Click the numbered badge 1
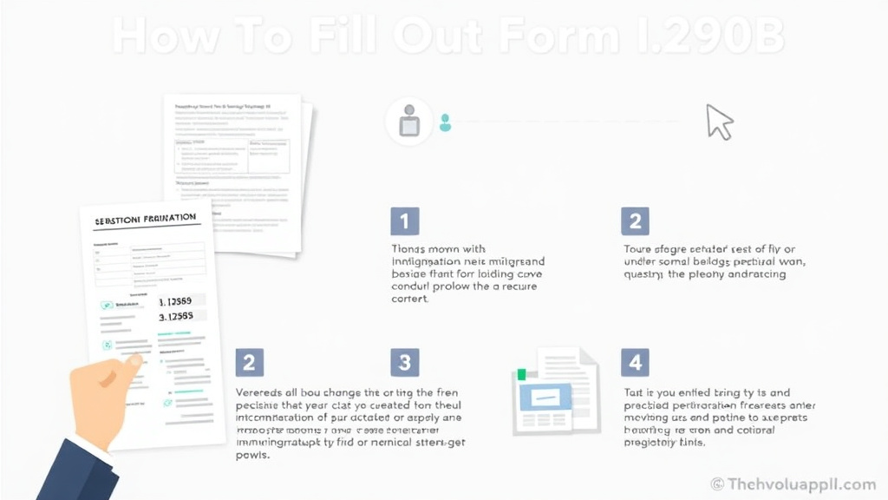click(x=404, y=221)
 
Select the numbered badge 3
click(x=404, y=362)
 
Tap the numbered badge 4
click(x=635, y=362)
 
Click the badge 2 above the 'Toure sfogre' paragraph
click(x=635, y=221)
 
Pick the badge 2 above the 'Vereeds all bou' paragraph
click(x=250, y=362)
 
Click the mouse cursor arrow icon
click(x=719, y=122)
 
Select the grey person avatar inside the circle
click(x=409, y=122)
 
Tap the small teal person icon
click(x=445, y=123)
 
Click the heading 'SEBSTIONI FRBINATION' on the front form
click(x=145, y=220)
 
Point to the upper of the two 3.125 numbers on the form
click(x=181, y=301)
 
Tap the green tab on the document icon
click(x=521, y=374)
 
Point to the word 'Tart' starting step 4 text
click(x=635, y=392)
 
